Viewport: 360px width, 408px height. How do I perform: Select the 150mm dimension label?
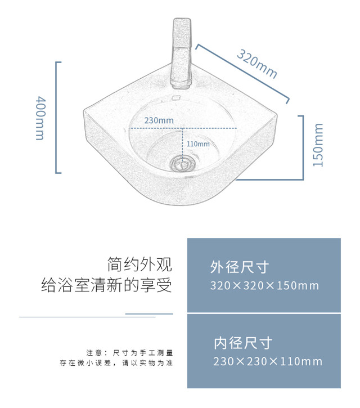(318, 145)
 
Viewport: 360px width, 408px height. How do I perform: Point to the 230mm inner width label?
(159, 120)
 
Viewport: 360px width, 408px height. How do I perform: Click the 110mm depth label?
(197, 144)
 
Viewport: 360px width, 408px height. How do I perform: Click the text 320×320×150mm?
(264, 285)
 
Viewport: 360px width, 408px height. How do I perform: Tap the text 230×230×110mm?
(268, 361)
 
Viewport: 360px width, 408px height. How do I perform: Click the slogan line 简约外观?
(139, 264)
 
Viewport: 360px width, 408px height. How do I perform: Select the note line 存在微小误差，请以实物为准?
(116, 363)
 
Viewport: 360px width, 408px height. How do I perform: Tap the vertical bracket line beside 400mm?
(57, 117)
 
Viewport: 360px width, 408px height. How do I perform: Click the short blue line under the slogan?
(148, 313)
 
